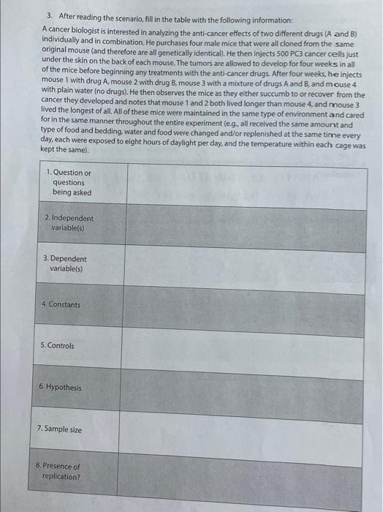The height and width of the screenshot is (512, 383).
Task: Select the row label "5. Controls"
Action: (x=59, y=345)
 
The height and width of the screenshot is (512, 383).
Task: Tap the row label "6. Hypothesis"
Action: (x=63, y=387)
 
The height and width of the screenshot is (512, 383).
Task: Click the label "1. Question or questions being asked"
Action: (x=69, y=182)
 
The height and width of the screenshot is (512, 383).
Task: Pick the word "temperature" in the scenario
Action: (x=266, y=138)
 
